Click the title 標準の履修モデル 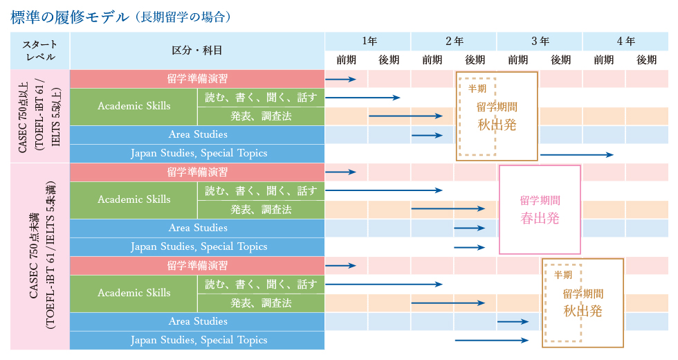pyautogui.click(x=69, y=17)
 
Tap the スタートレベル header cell pyautogui.click(x=39, y=50)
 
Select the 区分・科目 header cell pyautogui.click(x=197, y=50)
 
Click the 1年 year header pyautogui.click(x=369, y=41)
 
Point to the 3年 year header pyautogui.click(x=540, y=41)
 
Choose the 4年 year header pyautogui.click(x=626, y=41)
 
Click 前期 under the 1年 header pyautogui.click(x=347, y=60)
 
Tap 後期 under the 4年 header pyautogui.click(x=647, y=60)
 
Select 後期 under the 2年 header pyautogui.click(x=475, y=60)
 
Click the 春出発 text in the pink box pyautogui.click(x=540, y=219)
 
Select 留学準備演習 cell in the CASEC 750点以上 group pyautogui.click(x=197, y=78)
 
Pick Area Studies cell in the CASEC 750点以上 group pyautogui.click(x=197, y=134)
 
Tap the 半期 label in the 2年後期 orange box pyautogui.click(x=477, y=89)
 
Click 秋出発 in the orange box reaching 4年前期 pyautogui.click(x=583, y=311)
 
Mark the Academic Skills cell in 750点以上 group pyautogui.click(x=134, y=106)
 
